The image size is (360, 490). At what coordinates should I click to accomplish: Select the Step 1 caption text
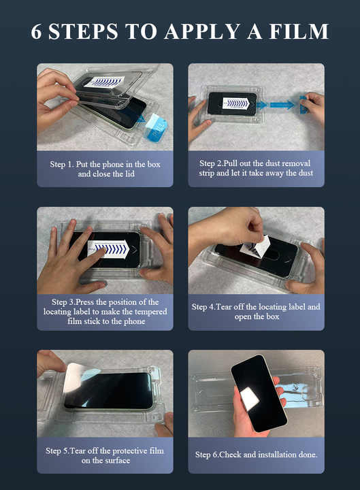[x=105, y=169]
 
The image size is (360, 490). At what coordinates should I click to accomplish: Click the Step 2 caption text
[x=256, y=169]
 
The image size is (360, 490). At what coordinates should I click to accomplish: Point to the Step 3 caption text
[x=105, y=312]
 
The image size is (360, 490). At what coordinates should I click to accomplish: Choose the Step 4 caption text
[x=256, y=312]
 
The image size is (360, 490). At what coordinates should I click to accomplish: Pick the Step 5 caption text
[x=105, y=455]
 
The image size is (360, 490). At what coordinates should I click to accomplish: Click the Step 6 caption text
[x=256, y=455]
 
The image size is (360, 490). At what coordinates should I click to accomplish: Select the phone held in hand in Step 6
[x=259, y=391]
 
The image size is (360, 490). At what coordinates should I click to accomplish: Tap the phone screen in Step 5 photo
[x=112, y=391]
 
